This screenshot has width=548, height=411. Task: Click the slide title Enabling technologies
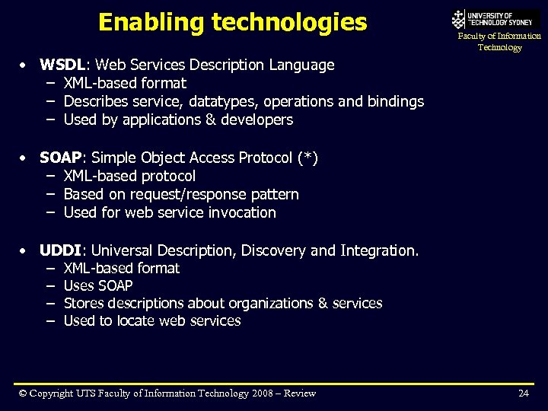pyautogui.click(x=232, y=23)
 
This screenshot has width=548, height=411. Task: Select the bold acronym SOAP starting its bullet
pyautogui.click(x=60, y=158)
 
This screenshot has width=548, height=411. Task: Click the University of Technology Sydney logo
pyautogui.click(x=495, y=18)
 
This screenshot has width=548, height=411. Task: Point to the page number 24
pyautogui.click(x=523, y=393)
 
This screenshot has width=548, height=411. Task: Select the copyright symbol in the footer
pyautogui.click(x=24, y=393)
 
